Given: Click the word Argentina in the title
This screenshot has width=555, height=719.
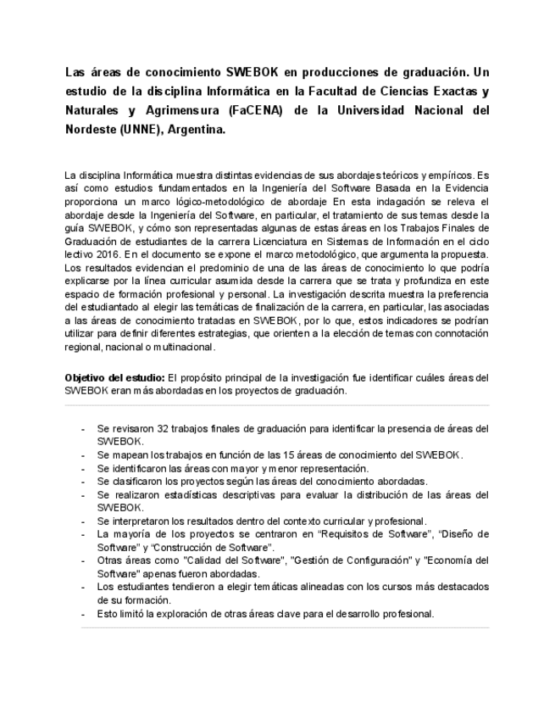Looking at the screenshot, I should point(197,131).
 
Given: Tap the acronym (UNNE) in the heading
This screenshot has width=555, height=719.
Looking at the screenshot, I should point(137,131).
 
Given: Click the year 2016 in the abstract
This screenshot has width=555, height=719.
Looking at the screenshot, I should point(107,254).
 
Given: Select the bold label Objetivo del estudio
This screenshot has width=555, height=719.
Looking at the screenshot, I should point(115,377).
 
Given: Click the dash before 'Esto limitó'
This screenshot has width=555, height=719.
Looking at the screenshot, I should point(83,613).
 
